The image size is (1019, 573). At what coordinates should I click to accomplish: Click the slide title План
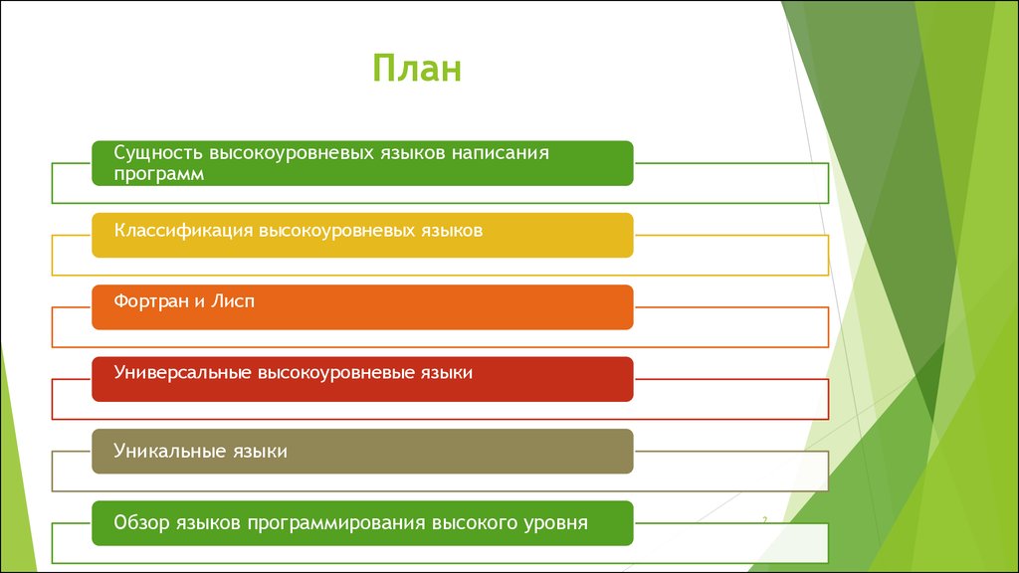[x=417, y=69]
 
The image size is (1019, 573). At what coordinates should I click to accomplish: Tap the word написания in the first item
[x=501, y=152]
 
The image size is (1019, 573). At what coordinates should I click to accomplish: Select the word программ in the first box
[x=158, y=175]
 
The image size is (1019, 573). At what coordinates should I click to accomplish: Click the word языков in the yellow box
[x=453, y=231]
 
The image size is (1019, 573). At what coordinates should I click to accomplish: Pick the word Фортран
[x=152, y=301]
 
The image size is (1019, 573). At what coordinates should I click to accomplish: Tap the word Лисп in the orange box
[x=233, y=301]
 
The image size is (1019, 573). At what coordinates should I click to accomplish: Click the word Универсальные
[x=182, y=372]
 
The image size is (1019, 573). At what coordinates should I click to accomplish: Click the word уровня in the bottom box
[x=556, y=523]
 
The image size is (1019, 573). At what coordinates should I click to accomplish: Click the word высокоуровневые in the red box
[x=335, y=373]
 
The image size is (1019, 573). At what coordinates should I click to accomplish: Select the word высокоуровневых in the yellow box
[x=338, y=231]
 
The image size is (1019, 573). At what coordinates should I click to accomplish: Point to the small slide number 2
[x=765, y=519]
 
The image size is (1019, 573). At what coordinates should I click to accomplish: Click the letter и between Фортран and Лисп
[x=200, y=302]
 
